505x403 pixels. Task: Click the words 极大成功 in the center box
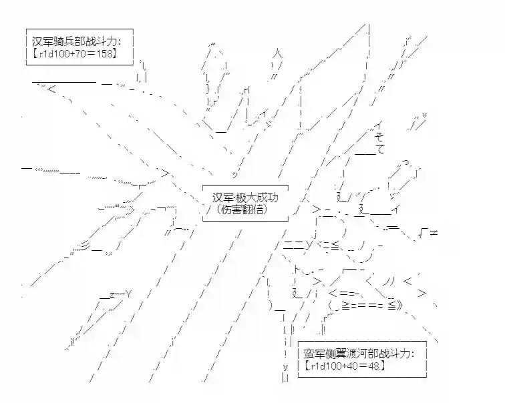click(x=258, y=198)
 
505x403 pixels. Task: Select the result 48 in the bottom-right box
click(x=376, y=366)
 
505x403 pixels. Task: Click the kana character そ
click(x=379, y=137)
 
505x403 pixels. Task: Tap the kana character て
click(x=380, y=149)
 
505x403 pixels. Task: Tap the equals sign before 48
click(x=365, y=366)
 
